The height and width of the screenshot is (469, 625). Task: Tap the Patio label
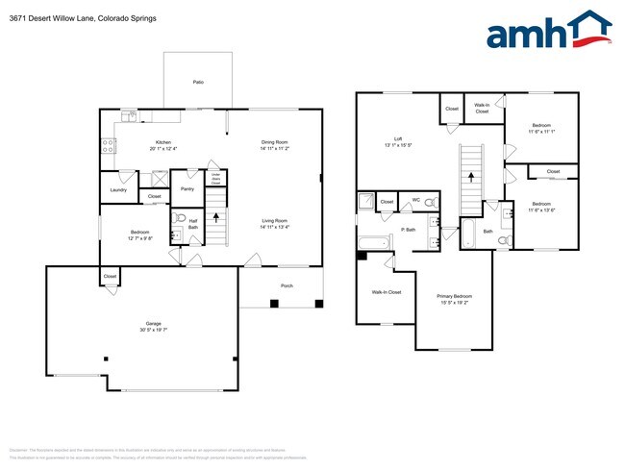click(x=198, y=83)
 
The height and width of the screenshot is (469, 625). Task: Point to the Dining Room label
click(x=275, y=142)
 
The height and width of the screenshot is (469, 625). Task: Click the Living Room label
click(x=275, y=221)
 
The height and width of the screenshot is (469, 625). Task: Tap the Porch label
click(x=287, y=285)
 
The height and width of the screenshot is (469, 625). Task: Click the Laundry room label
click(x=119, y=189)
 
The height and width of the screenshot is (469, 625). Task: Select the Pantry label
click(x=187, y=189)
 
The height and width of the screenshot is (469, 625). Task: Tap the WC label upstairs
click(x=416, y=201)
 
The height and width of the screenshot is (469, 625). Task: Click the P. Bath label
click(x=409, y=231)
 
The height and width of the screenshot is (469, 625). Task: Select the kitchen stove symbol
click(x=109, y=146)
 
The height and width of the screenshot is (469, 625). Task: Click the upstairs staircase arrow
click(x=471, y=175)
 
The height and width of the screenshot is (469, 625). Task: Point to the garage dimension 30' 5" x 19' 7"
click(x=140, y=331)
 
